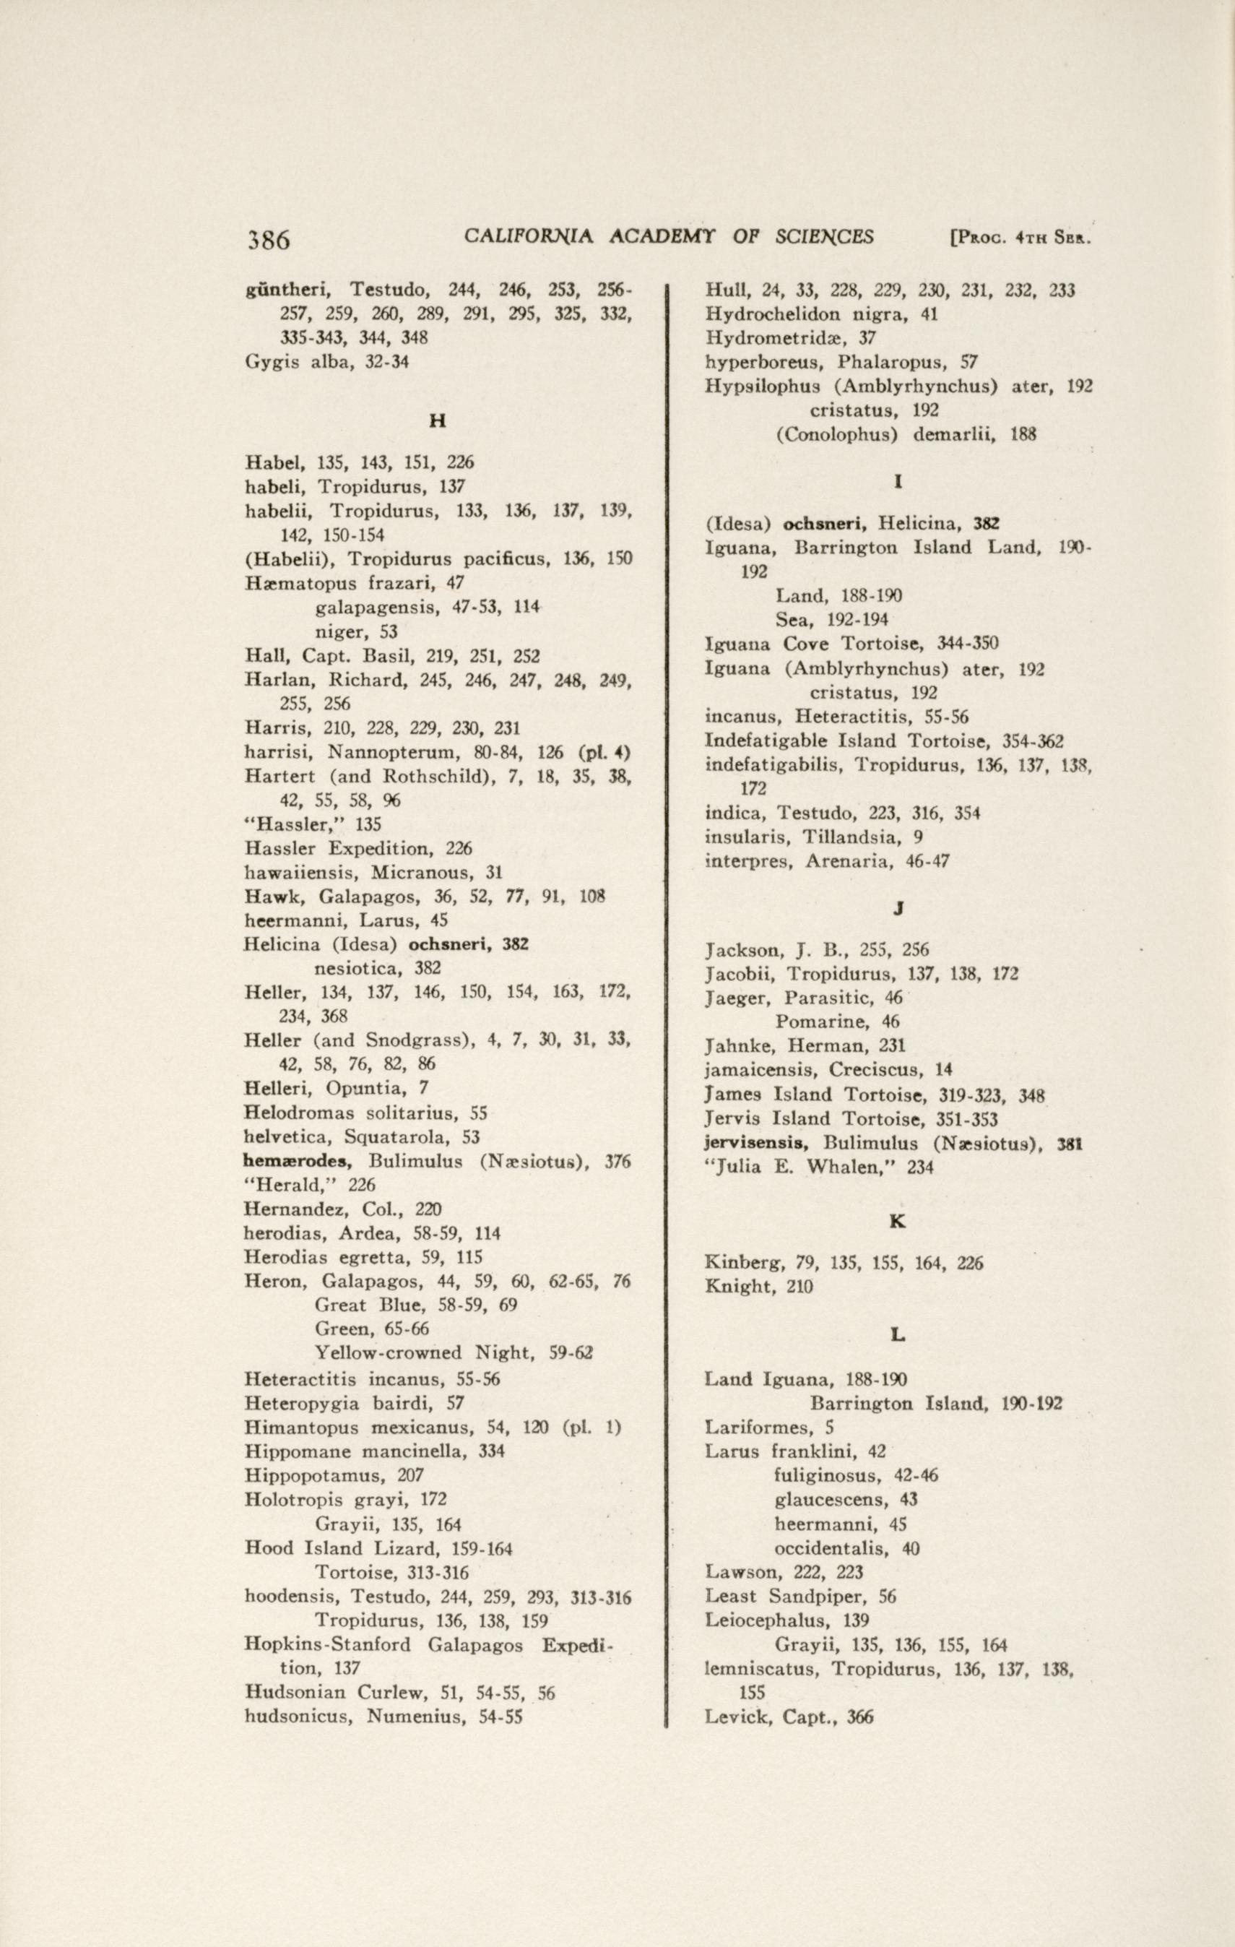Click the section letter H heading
coord(437,421)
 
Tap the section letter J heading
coord(898,909)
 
